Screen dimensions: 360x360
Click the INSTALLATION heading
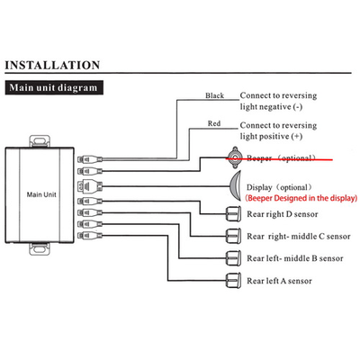(x=52, y=65)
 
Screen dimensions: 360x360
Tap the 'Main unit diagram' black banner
(x=54, y=87)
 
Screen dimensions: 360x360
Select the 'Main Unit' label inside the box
(x=41, y=194)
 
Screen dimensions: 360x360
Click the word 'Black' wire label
(x=214, y=95)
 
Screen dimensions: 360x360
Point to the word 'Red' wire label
(x=214, y=123)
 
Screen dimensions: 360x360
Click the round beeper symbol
(x=235, y=156)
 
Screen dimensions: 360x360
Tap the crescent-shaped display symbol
(x=235, y=186)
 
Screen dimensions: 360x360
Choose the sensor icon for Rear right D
(x=233, y=213)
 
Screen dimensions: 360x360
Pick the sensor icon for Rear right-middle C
(x=233, y=236)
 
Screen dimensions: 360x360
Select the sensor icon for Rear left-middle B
(x=233, y=258)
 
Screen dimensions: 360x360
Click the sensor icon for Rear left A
(x=233, y=280)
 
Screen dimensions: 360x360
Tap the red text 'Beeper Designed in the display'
(x=301, y=198)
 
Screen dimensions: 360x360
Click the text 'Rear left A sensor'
(x=279, y=281)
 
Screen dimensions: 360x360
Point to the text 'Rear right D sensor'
(x=283, y=214)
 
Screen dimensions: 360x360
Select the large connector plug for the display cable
(x=90, y=186)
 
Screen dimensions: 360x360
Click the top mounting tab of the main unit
(x=40, y=141)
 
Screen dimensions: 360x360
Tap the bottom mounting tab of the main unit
(x=40, y=248)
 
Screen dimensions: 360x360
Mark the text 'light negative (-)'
(x=271, y=107)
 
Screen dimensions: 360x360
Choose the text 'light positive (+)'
(x=271, y=137)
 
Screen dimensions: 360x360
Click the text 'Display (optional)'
(x=279, y=187)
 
